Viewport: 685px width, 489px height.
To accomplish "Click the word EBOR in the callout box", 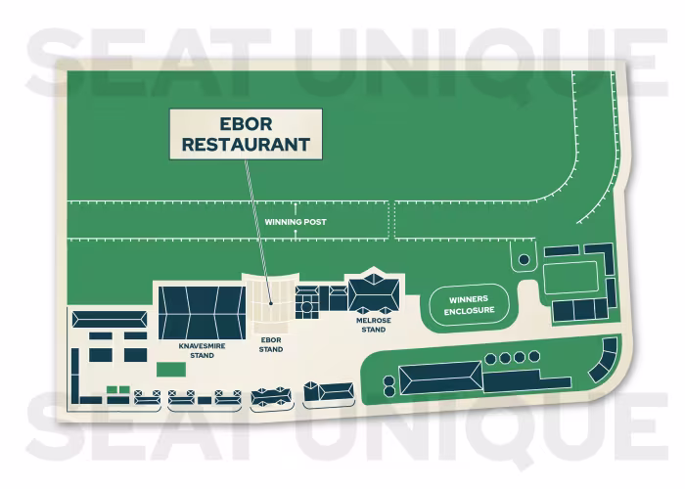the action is click(242, 126).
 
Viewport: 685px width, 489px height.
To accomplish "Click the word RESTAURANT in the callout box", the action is click(242, 145).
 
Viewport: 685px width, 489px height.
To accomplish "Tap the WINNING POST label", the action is click(295, 222).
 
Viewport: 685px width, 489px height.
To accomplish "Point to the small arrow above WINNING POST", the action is click(295, 209).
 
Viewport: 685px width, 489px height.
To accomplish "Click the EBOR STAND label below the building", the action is click(271, 344).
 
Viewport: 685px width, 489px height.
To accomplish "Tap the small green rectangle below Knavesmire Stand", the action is click(171, 370).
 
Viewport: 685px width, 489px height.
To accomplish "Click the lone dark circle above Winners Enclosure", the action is click(524, 260).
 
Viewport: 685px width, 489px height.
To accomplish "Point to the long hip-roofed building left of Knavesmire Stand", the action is click(109, 319).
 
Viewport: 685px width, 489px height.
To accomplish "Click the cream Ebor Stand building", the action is click(272, 293).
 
